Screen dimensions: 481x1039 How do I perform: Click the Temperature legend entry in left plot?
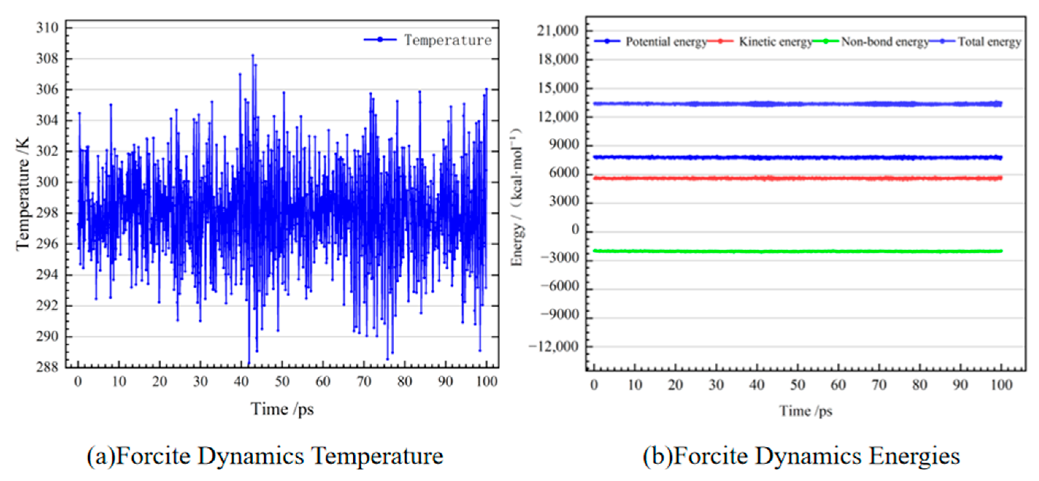pyautogui.click(x=447, y=40)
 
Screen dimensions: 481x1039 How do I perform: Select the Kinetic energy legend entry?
pyautogui.click(x=775, y=42)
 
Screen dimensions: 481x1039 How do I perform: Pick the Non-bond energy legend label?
pyautogui.click(x=885, y=42)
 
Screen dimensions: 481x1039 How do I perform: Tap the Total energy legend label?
pyautogui.click(x=989, y=42)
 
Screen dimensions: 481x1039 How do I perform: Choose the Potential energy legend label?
pyautogui.click(x=666, y=42)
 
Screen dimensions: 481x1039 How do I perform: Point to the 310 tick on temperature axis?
pyautogui.click(x=47, y=28)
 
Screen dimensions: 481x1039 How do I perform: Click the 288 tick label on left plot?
pyautogui.click(x=47, y=367)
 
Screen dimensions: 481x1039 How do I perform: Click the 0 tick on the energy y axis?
pyautogui.click(x=575, y=230)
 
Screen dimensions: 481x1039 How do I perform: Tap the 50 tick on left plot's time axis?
pyautogui.click(x=282, y=381)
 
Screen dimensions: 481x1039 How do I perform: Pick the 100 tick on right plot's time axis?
pyautogui.click(x=1001, y=385)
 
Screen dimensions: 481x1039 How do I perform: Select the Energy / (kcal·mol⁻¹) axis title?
pyautogui.click(x=517, y=197)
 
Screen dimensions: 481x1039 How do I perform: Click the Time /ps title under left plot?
pyautogui.click(x=282, y=409)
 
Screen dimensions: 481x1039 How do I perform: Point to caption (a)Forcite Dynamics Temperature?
pyautogui.click(x=265, y=456)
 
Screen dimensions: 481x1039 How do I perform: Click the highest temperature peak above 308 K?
pyautogui.click(x=253, y=55)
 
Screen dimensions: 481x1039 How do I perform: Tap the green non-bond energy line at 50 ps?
pyautogui.click(x=797, y=251)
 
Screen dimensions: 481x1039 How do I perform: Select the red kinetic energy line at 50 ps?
pyautogui.click(x=797, y=178)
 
